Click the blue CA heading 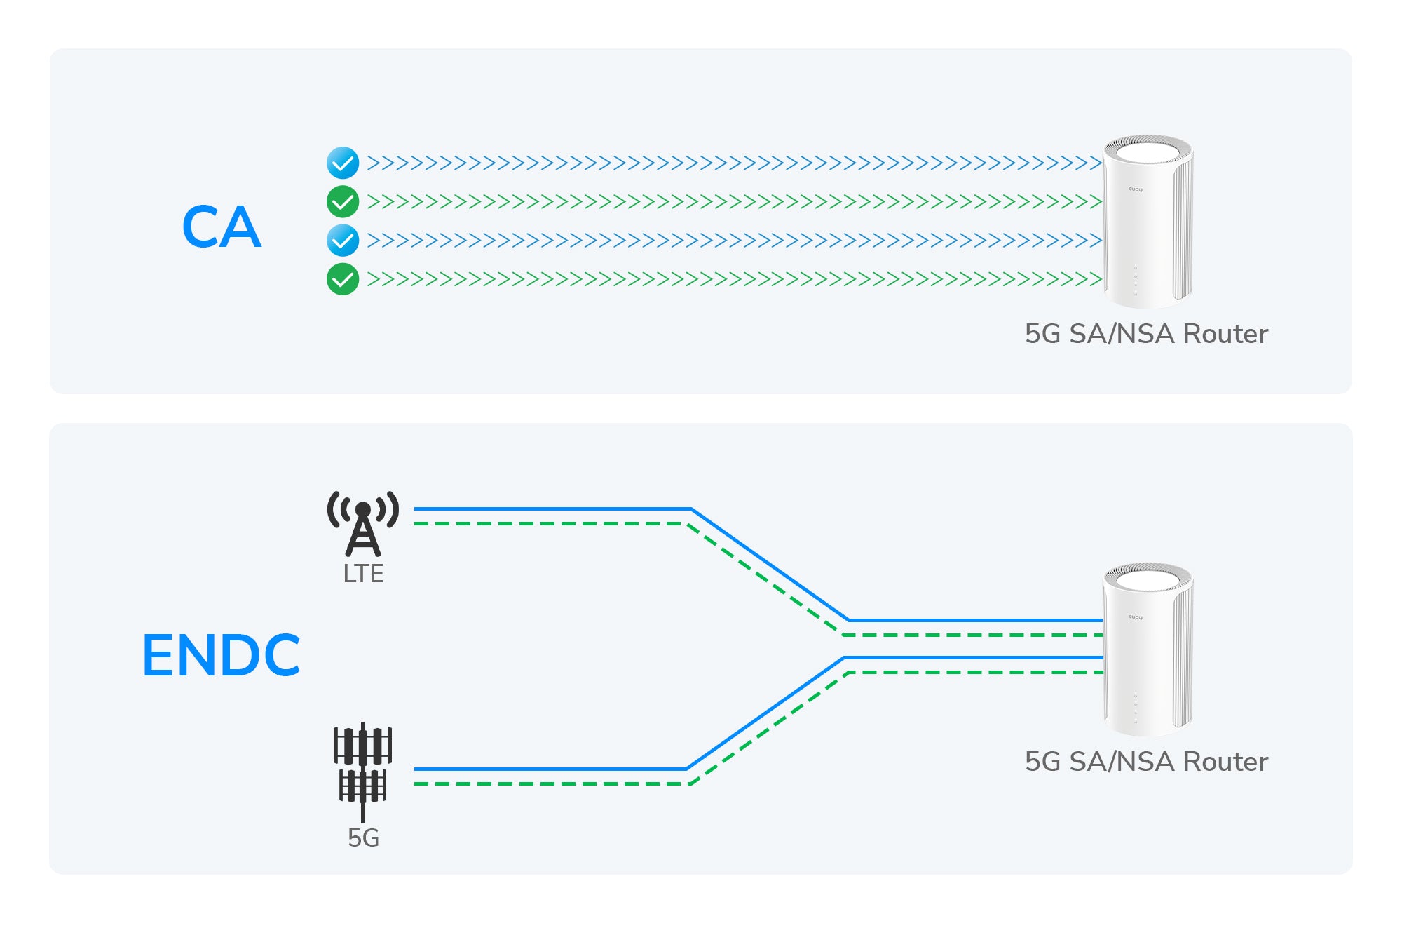pos(222,227)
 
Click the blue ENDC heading pos(222,655)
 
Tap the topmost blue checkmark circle pos(343,163)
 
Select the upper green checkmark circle pos(343,202)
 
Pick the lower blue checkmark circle pos(343,241)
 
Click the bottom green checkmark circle pos(343,279)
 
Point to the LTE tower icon pos(363,523)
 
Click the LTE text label pos(363,574)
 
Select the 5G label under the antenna pos(363,838)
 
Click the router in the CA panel pos(1148,221)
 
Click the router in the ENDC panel pos(1148,649)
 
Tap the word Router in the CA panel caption pos(1225,334)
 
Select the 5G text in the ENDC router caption pos(1042,762)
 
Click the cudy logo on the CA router pos(1136,189)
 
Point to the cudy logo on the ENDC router pos(1136,617)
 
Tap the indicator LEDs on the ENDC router pos(1136,708)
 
